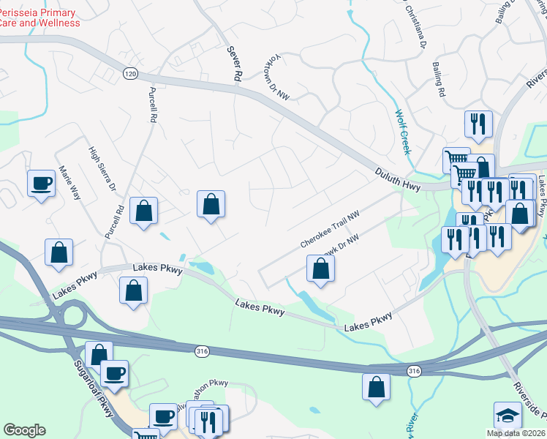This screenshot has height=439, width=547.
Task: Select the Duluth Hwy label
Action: click(396, 176)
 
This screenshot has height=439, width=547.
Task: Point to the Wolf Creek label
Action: click(402, 132)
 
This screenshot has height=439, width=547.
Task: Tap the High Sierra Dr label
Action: click(102, 169)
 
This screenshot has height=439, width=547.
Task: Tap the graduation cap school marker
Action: click(508, 415)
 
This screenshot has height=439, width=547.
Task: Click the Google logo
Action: click(24, 430)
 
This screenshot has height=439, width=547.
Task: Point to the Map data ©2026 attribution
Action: click(515, 433)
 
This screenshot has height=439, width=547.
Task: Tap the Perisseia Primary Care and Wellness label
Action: click(38, 18)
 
